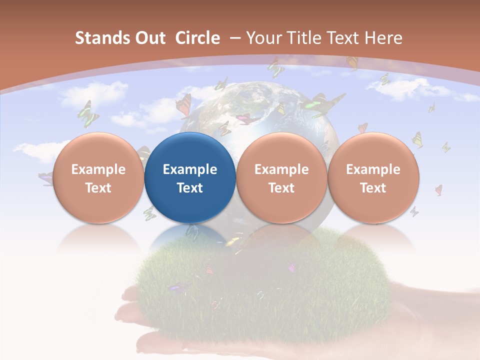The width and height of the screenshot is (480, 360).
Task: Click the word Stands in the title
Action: (99, 38)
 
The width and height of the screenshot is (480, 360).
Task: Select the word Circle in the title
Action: (197, 38)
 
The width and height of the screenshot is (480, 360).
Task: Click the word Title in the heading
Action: (306, 38)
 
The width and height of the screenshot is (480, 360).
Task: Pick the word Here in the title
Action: (383, 38)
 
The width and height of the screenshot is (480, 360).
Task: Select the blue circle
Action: (190, 177)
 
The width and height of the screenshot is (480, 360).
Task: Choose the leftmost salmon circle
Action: (98, 177)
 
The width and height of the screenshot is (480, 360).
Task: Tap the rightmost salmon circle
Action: (373, 177)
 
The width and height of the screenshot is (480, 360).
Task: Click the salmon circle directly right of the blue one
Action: (281, 177)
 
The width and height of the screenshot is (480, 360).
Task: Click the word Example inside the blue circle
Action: (190, 169)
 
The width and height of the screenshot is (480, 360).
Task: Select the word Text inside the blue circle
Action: (190, 188)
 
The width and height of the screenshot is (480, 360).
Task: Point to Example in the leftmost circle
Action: (98, 169)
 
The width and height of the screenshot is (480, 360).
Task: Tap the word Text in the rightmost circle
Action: (373, 188)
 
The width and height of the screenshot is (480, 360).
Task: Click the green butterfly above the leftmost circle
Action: (88, 114)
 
